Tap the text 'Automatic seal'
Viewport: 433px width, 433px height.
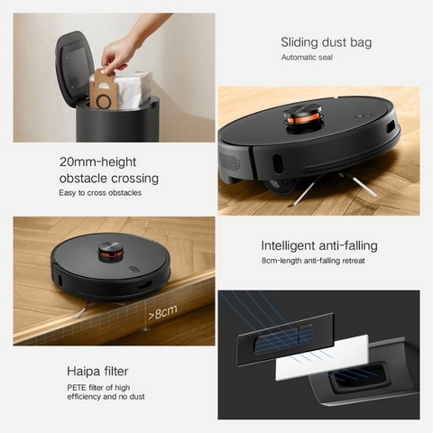pyautogui.click(x=307, y=59)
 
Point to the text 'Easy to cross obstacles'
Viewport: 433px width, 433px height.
pyautogui.click(x=99, y=193)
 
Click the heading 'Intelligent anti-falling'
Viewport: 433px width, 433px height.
pyautogui.click(x=318, y=245)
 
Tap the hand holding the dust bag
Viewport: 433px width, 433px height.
pyautogui.click(x=126, y=45)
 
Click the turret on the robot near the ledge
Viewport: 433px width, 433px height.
pyautogui.click(x=111, y=247)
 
